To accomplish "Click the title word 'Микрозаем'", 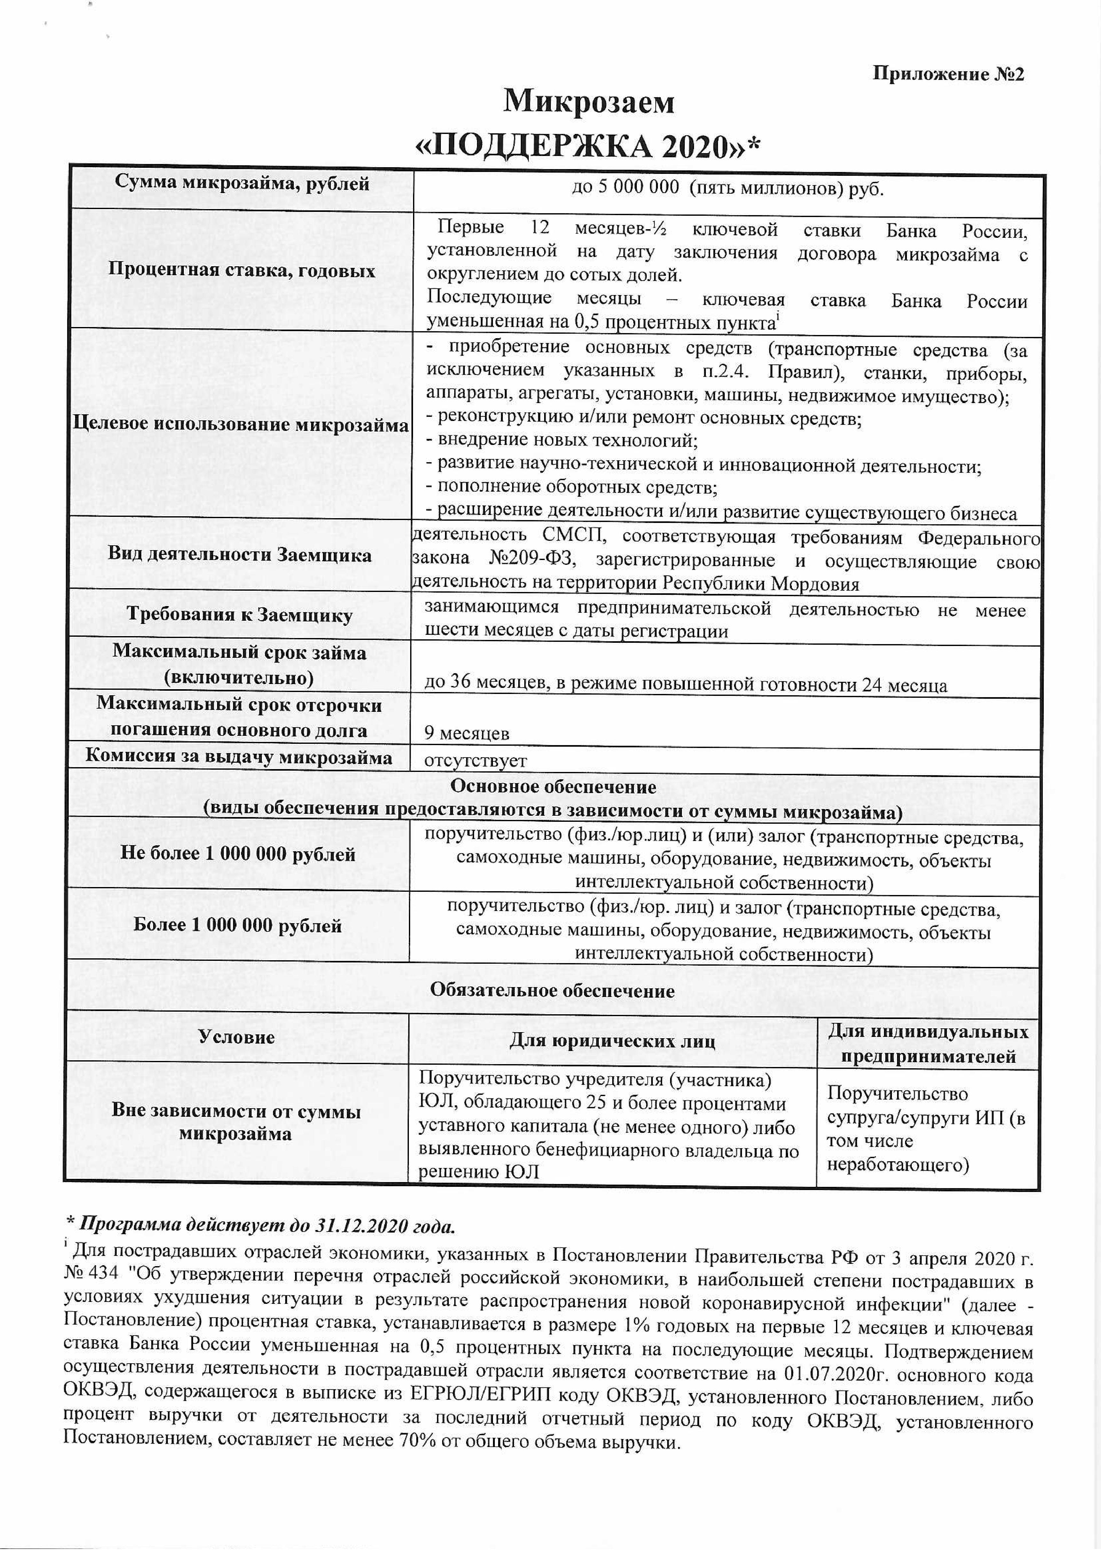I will tap(589, 102).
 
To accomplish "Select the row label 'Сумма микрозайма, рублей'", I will tap(242, 183).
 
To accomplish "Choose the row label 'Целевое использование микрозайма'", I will tap(241, 425).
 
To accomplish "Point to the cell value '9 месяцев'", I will tap(467, 733).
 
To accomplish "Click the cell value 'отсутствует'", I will tap(475, 761).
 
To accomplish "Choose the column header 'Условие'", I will tap(237, 1037).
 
